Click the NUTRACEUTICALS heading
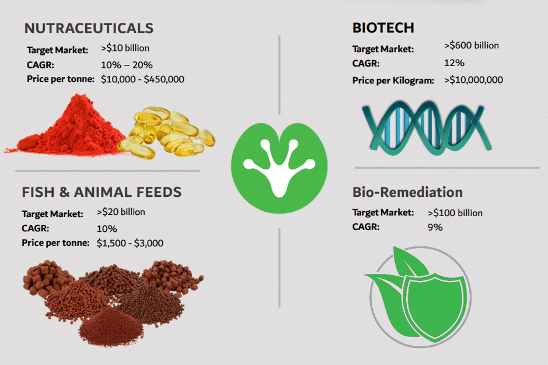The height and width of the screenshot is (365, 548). coord(89,28)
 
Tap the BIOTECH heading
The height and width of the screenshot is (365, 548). coord(383,28)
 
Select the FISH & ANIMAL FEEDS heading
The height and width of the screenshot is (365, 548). coord(102,192)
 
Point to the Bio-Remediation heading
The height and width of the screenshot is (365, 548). coord(407,192)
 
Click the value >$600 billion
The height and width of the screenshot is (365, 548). coord(472,46)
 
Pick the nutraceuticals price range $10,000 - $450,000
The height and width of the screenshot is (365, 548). coord(142,79)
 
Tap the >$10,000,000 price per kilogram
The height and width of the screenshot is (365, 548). coord(473,80)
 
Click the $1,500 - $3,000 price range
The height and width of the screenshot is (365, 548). coord(130,243)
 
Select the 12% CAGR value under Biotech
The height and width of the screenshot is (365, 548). coord(455,63)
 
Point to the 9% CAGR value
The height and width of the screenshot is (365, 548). coord(435,227)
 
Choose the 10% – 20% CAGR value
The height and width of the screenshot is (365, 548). coord(127,65)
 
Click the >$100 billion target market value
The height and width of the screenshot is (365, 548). coord(455,213)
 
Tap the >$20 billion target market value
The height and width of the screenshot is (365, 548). coord(121,212)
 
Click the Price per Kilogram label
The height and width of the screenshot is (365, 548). coord(393,81)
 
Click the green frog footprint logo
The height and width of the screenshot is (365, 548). coord(279,168)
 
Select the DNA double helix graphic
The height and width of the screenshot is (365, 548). coord(427,127)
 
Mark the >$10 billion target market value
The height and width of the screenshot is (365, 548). coord(125,48)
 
